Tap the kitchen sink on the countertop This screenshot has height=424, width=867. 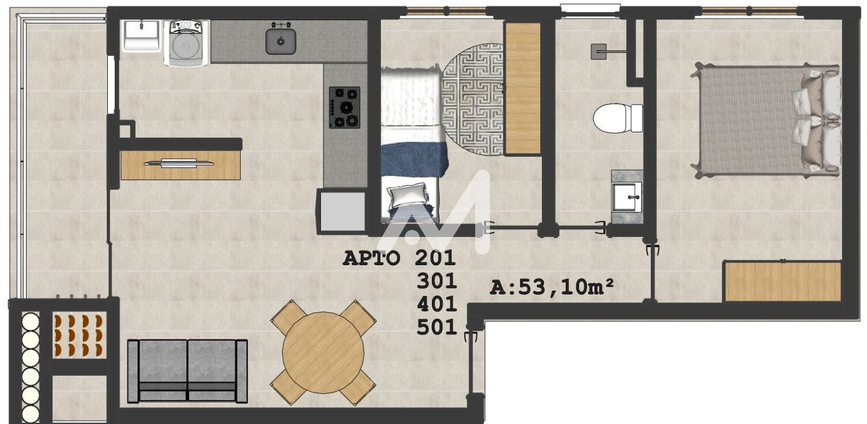click(x=281, y=40)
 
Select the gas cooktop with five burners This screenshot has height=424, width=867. click(x=345, y=108)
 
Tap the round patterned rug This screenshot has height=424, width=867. click(x=473, y=100)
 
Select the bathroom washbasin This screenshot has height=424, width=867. click(x=626, y=197)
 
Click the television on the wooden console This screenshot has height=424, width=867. click(x=179, y=163)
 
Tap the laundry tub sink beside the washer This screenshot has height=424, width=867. click(x=141, y=36)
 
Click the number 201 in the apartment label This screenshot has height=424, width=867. click(x=435, y=258)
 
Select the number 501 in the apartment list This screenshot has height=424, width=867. click(x=437, y=327)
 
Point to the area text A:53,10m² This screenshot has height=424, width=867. click(x=552, y=287)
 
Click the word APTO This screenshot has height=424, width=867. click(x=371, y=258)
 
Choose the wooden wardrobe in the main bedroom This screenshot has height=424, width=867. click(x=782, y=281)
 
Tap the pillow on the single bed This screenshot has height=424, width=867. click(x=408, y=197)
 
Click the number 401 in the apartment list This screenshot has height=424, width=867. click(x=437, y=304)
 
